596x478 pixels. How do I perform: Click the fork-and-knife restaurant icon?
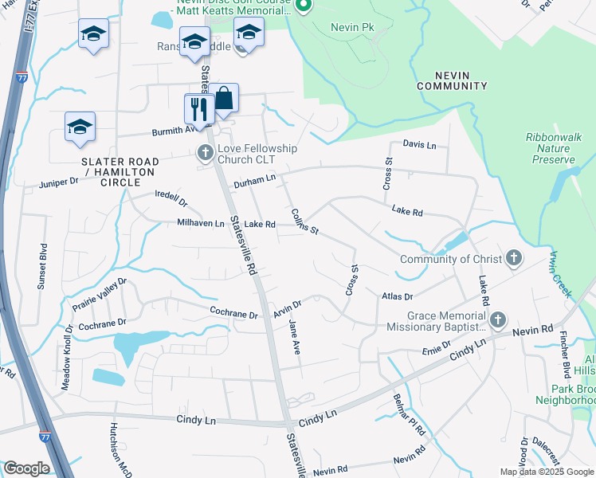pos(197,108)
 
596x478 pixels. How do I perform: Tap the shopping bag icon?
pos(225,98)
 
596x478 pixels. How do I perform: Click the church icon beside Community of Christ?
pos(514,258)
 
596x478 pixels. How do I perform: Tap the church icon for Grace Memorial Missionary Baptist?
pos(498,319)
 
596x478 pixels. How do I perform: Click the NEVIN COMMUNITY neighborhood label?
pos(452,80)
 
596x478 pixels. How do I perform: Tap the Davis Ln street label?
pos(419,145)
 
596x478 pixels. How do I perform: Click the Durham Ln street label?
pos(254,184)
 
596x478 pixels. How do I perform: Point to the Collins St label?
pos(304,221)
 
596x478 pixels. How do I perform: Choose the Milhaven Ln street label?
pos(201,224)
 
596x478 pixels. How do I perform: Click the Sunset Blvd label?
pos(43,260)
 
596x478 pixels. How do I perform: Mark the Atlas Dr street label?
pos(397,296)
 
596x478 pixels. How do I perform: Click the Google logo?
pos(25,468)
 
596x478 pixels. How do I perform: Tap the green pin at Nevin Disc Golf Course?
pos(303,6)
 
